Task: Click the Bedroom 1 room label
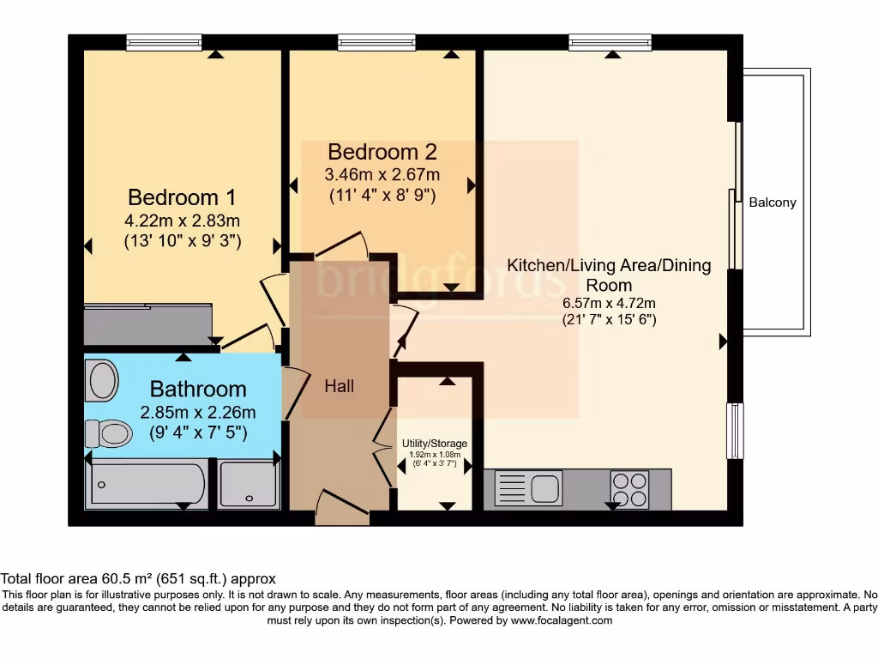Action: (182, 196)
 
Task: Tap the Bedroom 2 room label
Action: (382, 152)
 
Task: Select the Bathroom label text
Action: (198, 390)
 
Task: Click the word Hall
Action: (340, 387)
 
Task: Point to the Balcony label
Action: (773, 203)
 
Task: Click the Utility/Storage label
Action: (432, 444)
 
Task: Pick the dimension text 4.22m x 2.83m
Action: (182, 220)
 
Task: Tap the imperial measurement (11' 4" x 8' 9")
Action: (382, 195)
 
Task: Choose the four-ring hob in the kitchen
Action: (629, 490)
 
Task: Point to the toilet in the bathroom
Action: (106, 432)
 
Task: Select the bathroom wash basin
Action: (102, 379)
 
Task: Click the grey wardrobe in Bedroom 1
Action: (147, 324)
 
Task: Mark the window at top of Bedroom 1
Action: (164, 41)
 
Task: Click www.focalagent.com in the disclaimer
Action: (561, 620)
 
